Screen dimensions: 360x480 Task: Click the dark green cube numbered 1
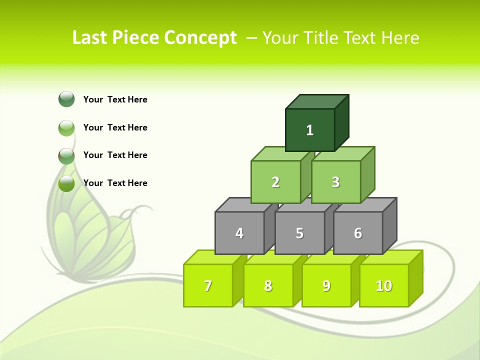[x=310, y=130]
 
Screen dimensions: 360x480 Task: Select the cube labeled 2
[x=275, y=182]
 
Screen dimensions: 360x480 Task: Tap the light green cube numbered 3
[x=335, y=182]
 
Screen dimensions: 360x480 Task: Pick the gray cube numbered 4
[x=239, y=233]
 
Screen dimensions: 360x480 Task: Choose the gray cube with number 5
[x=299, y=233]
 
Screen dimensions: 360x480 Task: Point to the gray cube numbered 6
[x=358, y=233]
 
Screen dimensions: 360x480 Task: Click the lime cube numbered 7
[x=208, y=285]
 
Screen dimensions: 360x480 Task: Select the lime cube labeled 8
[x=268, y=285]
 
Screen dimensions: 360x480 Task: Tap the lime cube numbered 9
[x=326, y=285]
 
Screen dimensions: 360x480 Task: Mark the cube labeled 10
[x=384, y=285]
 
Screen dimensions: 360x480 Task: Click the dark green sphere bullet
[x=66, y=99]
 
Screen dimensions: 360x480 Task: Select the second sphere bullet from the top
[x=66, y=127]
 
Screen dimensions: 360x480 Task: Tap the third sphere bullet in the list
[x=66, y=155]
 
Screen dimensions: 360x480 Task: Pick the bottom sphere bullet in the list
[x=66, y=183]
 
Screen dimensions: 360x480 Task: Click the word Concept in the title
[x=200, y=37]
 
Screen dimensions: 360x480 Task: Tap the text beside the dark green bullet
[x=115, y=99]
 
